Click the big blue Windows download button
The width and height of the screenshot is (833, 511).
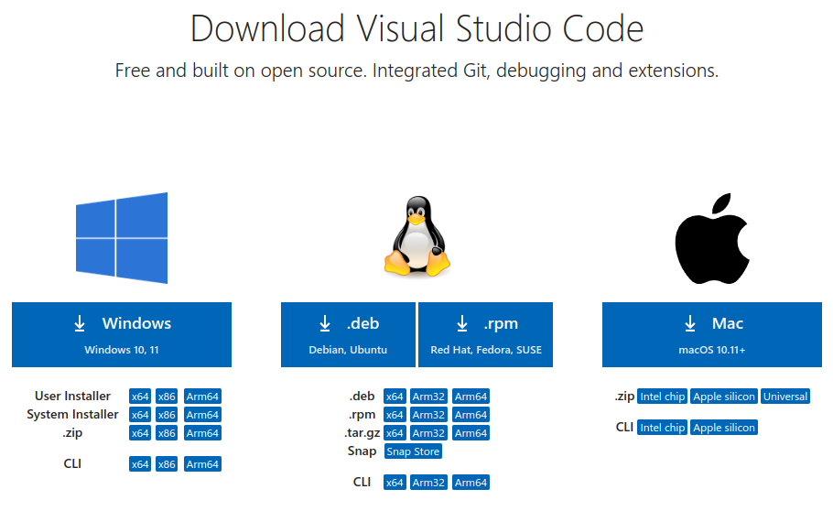tap(122, 334)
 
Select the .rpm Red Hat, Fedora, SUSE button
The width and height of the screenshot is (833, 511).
tap(485, 334)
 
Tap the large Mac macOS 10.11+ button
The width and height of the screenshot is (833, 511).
tap(712, 334)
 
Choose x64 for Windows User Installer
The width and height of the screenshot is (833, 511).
tap(140, 397)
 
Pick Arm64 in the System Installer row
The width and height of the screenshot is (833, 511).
tap(202, 415)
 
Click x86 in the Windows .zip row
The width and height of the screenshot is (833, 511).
tap(167, 433)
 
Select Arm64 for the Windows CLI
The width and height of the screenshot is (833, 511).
tap(202, 464)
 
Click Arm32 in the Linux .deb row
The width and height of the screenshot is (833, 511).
tap(428, 397)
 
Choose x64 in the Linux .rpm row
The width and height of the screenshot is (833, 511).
tap(395, 415)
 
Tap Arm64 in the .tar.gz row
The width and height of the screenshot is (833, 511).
tap(471, 433)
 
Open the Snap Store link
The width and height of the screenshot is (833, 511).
tap(414, 451)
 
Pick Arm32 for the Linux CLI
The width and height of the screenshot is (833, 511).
tap(428, 483)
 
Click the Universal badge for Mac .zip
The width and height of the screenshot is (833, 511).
tap(785, 397)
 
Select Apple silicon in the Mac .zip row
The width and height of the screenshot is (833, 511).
tap(724, 397)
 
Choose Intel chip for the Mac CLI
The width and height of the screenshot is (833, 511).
tap(663, 428)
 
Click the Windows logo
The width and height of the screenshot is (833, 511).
tap(122, 238)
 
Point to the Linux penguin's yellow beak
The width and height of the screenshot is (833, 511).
tap(416, 218)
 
